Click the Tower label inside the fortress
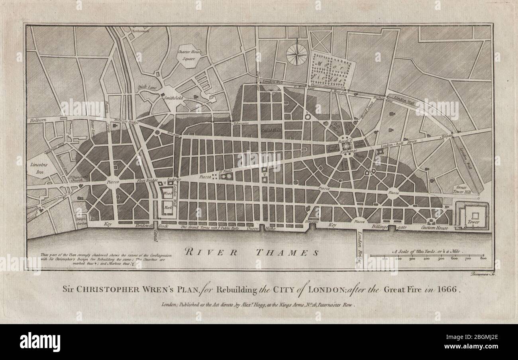click(473, 222)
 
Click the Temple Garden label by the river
click(81, 220)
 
